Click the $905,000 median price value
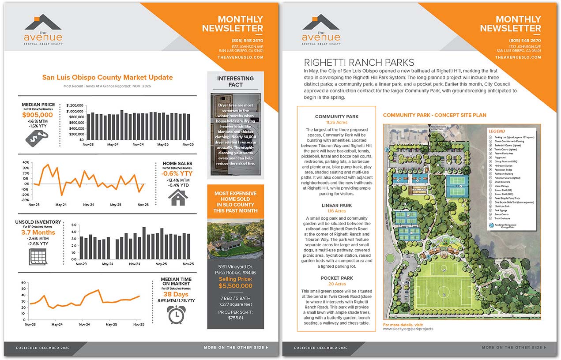point(38,115)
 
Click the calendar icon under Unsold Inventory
point(38,256)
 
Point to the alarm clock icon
point(176,314)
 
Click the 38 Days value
point(176,294)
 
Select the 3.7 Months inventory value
point(38,232)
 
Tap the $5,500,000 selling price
point(235,285)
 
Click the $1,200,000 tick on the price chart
point(75,105)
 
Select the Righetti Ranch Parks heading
point(359,62)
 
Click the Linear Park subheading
point(336,206)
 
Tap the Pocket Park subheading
point(336,278)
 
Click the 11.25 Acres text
point(336,122)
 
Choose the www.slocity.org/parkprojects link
point(408,329)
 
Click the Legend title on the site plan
point(497,131)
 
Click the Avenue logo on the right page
point(321,30)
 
